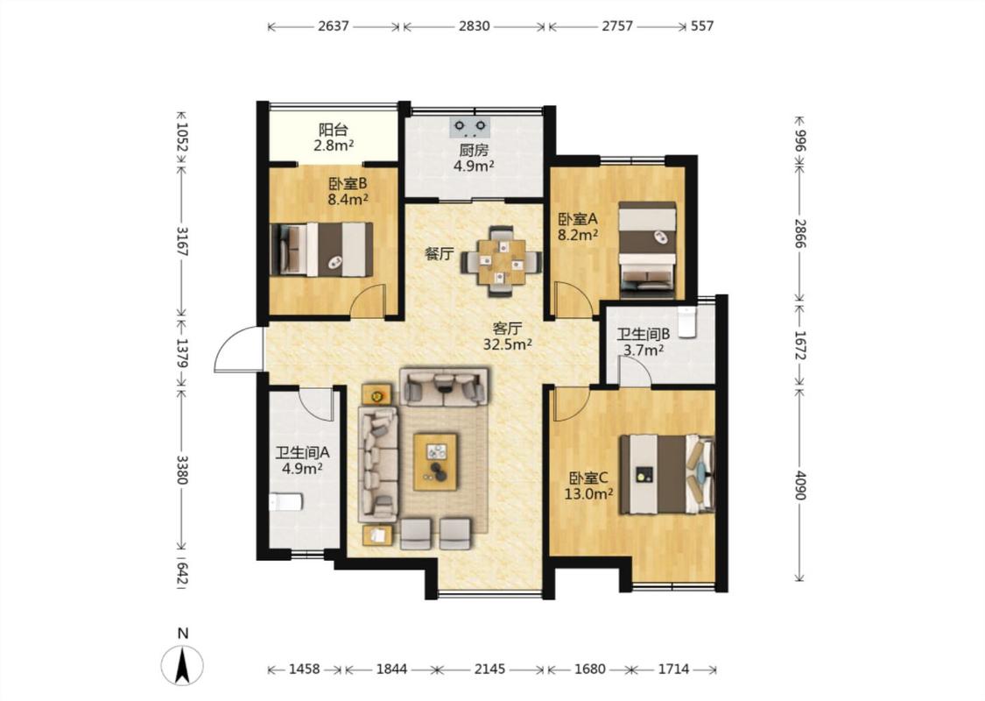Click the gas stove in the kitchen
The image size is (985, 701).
tap(470, 127)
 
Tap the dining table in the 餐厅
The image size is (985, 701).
tap(502, 261)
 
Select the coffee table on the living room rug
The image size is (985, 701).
tap(434, 462)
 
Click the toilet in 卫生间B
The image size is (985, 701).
tap(688, 322)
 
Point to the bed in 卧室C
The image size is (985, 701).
tap(667, 475)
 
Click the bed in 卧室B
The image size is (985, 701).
tap(321, 249)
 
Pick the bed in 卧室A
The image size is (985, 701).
tap(647, 249)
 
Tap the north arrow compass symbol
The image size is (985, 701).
tap(182, 665)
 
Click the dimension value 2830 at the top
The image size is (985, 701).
tap(475, 26)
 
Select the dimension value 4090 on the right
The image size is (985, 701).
tap(799, 485)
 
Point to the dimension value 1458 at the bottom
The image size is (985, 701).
tap(305, 669)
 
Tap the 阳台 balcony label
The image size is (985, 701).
tap(333, 131)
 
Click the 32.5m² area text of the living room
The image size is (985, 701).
tap(508, 344)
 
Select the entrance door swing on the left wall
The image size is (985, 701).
tap(236, 350)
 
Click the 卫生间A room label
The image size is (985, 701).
tap(303, 453)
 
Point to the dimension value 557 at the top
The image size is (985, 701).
tap(701, 26)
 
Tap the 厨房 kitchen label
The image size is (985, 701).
tap(474, 151)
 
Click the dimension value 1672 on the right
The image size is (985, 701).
tap(799, 345)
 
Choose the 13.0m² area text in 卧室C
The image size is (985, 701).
tap(588, 494)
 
